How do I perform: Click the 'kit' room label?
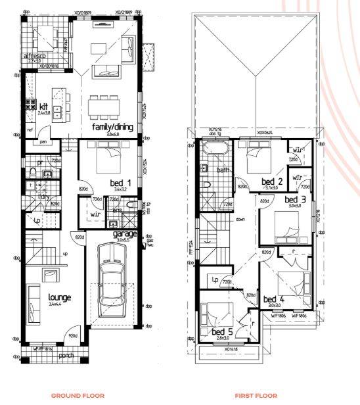(44, 107)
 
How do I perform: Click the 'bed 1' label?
(122, 182)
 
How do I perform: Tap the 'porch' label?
(65, 356)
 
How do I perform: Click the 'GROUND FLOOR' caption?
(78, 396)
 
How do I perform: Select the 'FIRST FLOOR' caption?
(257, 396)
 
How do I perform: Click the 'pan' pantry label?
(42, 141)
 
